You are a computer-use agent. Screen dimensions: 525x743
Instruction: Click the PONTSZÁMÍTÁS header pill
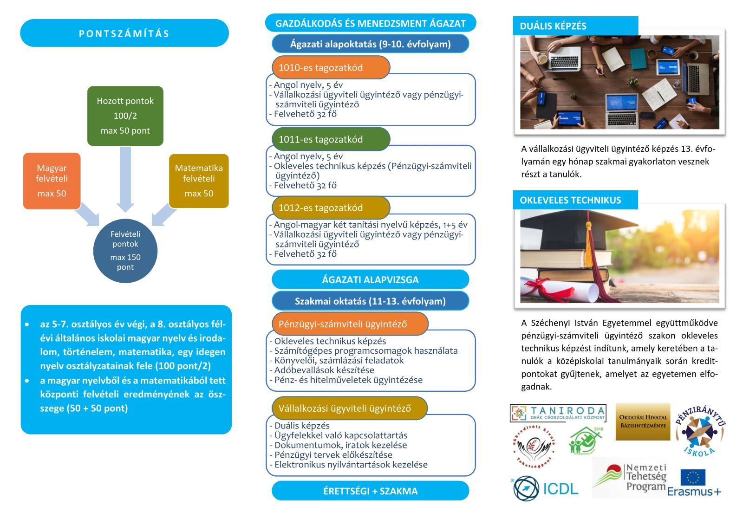tap(124, 33)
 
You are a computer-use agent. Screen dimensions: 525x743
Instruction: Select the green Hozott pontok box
tap(125, 116)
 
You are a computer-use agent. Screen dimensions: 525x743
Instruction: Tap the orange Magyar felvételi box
tap(52, 181)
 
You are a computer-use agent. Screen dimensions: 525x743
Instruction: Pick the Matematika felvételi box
tap(199, 181)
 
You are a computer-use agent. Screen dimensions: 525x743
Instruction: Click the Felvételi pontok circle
tap(125, 251)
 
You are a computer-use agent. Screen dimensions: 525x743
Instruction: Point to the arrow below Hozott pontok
tap(125, 179)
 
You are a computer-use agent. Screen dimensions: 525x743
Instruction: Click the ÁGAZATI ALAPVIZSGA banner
tap(370, 279)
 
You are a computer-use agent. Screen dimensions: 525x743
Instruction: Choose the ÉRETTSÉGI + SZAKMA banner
tap(370, 491)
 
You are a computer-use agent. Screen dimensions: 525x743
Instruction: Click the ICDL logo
tap(546, 488)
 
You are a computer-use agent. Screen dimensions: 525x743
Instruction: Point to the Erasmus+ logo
tap(694, 483)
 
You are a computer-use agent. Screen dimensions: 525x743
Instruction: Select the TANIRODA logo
tap(558, 413)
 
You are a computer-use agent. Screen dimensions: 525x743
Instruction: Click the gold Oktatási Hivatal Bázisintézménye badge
tap(643, 421)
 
